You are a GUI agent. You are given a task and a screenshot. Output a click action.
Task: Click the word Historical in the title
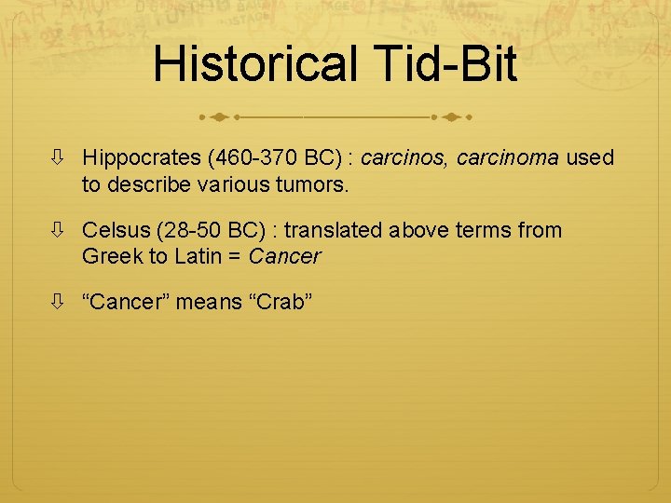[x=254, y=63]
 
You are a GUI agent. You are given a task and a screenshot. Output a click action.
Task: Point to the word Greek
[x=108, y=256]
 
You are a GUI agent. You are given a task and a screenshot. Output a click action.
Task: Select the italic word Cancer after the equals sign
[x=283, y=256]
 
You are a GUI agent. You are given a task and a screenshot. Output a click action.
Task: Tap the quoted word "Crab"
[x=279, y=303]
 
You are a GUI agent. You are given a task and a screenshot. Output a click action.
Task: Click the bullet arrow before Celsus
[x=59, y=230]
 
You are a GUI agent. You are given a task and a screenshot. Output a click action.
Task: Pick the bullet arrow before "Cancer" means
[x=59, y=303]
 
